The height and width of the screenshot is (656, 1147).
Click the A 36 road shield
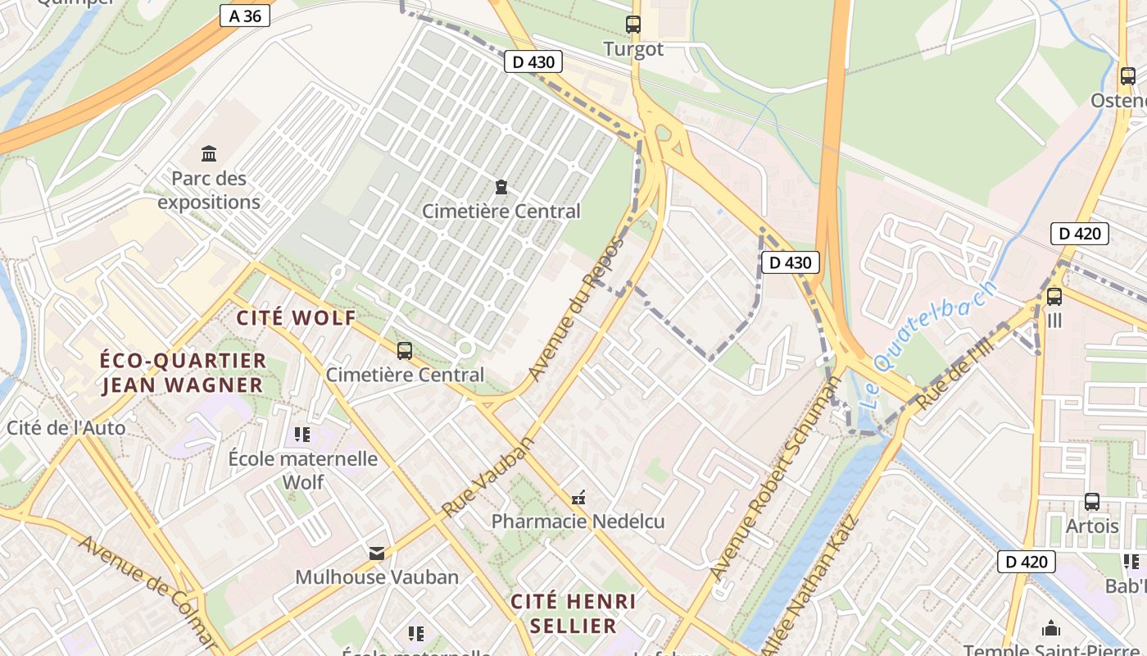point(245,16)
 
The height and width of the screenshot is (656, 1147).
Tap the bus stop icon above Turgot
point(632,25)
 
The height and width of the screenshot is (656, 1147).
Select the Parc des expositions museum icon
point(209,153)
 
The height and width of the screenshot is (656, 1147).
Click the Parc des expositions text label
point(209,190)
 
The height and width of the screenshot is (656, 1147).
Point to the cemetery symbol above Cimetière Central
point(501,187)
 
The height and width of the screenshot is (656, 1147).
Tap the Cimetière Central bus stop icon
point(404,351)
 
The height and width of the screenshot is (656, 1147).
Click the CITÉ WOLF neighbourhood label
point(296,318)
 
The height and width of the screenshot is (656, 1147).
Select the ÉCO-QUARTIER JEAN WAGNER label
point(183,373)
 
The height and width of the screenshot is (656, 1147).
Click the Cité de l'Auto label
point(66,427)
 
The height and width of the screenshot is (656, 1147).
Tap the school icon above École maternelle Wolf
point(301,434)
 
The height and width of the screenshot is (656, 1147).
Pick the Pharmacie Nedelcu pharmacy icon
point(578,498)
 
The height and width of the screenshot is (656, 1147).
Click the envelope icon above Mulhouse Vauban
point(377,553)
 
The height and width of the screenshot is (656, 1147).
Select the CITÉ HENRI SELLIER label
point(573,613)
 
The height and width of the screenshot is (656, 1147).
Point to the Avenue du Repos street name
point(576,309)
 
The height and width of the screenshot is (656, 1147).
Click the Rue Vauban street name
point(488,476)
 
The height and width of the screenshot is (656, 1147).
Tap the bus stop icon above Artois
point(1092,502)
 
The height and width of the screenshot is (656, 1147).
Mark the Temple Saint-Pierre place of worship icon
point(1051,629)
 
